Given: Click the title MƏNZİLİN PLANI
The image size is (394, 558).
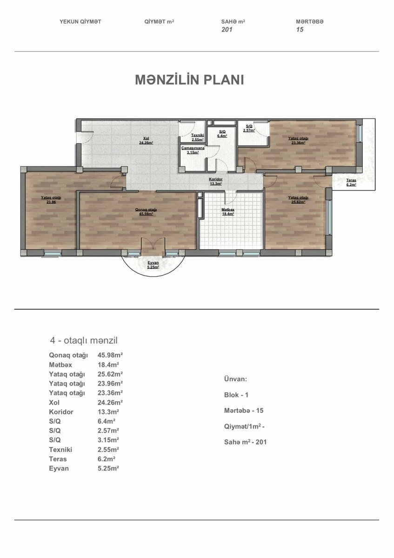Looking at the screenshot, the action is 189,80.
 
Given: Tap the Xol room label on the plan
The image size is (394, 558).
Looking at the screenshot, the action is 146,138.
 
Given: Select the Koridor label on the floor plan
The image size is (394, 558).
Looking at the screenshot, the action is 215,179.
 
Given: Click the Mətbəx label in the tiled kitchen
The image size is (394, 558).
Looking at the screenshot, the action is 228,210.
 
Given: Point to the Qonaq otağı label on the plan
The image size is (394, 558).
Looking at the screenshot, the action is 146,210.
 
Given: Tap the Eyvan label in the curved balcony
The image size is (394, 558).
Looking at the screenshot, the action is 153,263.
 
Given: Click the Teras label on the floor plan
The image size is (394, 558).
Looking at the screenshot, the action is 351,180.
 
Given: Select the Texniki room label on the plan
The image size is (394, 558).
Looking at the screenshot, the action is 198,135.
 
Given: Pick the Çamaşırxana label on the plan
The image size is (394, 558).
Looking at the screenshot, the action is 193,148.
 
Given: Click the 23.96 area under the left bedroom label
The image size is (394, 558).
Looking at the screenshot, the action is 51,202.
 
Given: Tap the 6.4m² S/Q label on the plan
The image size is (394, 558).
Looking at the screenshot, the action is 222,136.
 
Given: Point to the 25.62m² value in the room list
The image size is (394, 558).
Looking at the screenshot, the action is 110,374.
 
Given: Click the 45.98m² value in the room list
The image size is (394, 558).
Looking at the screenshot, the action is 110,355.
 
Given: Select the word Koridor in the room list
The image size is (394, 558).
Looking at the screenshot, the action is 61,412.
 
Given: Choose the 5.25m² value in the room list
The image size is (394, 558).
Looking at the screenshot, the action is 108,468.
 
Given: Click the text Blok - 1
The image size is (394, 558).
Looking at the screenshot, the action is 236,395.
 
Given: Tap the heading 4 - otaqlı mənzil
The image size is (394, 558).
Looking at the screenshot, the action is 84,340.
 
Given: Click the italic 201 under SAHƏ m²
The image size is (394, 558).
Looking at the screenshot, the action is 227,29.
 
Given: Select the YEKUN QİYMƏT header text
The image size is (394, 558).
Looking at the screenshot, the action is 80,22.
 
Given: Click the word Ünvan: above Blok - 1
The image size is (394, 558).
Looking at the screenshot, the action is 235,379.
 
